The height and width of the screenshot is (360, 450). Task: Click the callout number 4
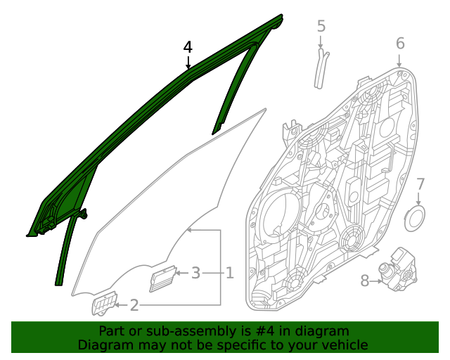188,48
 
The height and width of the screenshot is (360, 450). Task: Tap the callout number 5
321,27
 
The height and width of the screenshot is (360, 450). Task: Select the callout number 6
400,44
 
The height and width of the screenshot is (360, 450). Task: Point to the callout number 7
420,185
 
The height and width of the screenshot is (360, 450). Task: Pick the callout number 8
365,281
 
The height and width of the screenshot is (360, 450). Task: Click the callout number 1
229,272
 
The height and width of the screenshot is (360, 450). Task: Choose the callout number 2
134,305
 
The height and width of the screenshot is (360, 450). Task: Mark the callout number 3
196,272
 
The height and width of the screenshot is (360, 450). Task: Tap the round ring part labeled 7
416,218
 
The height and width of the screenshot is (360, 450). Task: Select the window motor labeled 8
399,269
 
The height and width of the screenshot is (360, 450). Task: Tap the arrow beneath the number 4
188,63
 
